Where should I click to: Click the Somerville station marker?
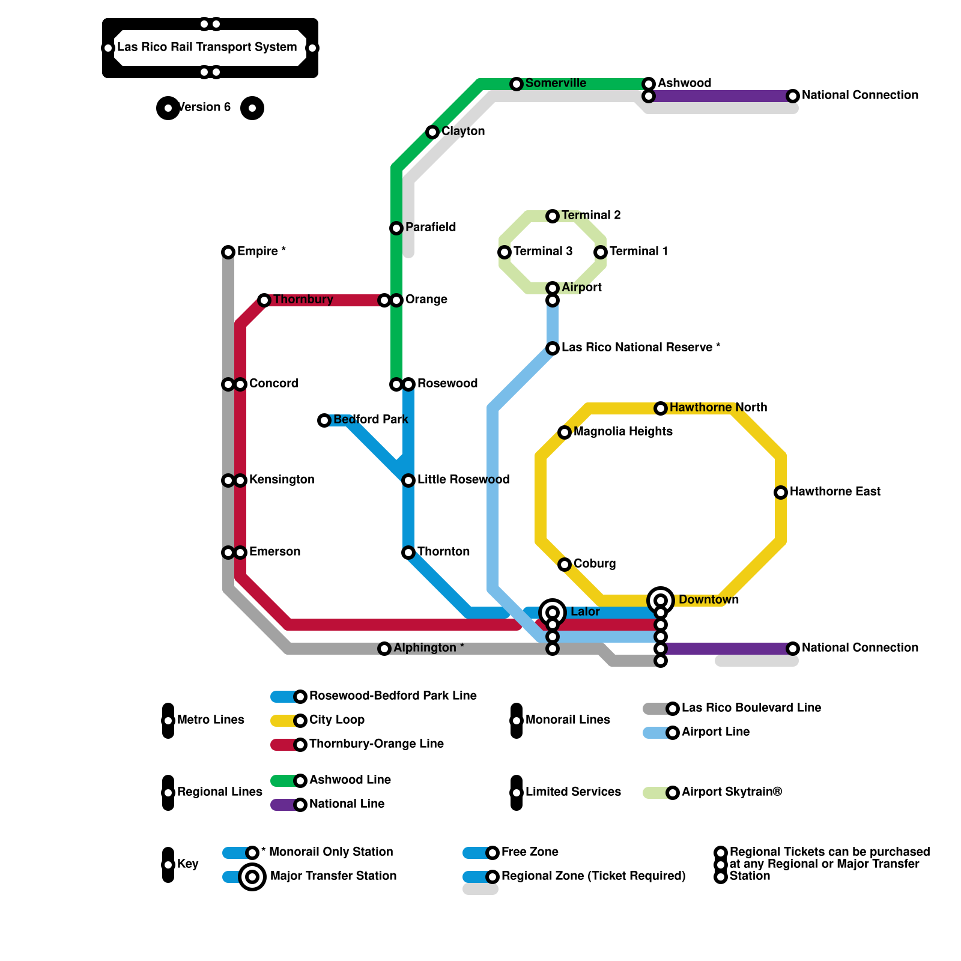517,84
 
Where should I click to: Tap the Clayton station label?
462,132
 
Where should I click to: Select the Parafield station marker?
396,228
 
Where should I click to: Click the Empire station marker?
228,252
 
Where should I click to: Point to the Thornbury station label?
303,300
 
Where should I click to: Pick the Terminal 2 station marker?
553,216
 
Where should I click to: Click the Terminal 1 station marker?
601,252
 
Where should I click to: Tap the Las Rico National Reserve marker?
553,348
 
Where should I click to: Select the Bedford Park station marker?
324,420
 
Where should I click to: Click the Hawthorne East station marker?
781,493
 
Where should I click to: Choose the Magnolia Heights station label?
623,432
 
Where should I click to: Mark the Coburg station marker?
565,565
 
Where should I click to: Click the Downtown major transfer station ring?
661,600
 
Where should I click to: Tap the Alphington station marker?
384,649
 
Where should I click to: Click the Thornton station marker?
408,553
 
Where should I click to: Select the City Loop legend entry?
336,720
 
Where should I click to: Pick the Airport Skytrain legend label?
732,792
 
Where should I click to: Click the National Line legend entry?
347,804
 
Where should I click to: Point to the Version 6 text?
204,108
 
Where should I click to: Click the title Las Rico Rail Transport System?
207,47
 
